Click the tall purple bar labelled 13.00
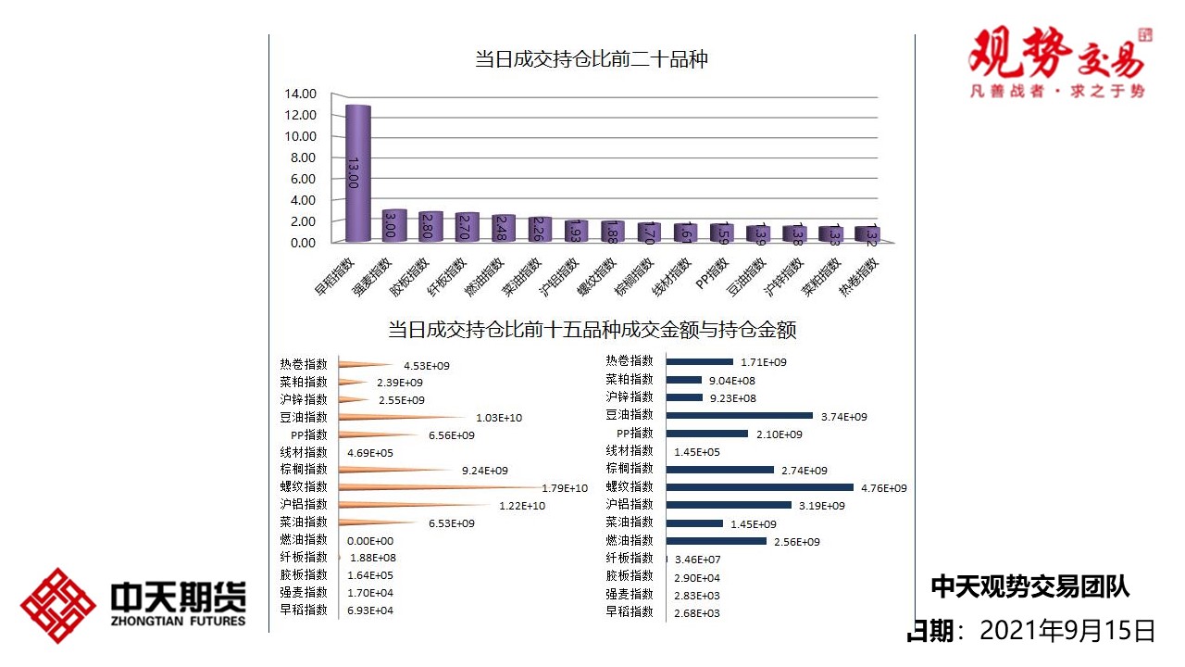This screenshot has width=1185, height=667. (x=357, y=173)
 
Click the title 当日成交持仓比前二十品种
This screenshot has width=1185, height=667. (x=592, y=60)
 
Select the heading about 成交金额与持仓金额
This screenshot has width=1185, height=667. (x=592, y=330)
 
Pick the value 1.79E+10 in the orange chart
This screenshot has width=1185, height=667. (x=565, y=488)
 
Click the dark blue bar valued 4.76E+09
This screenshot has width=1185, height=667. (x=760, y=487)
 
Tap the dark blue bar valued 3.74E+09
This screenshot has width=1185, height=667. (x=740, y=416)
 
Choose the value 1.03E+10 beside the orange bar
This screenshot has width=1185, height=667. (x=499, y=418)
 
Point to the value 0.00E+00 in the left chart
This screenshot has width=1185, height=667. (x=370, y=541)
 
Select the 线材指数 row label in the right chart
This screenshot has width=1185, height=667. (x=630, y=451)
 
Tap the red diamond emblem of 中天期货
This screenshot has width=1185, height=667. (x=57, y=606)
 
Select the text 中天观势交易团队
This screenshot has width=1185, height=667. (x=1029, y=586)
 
